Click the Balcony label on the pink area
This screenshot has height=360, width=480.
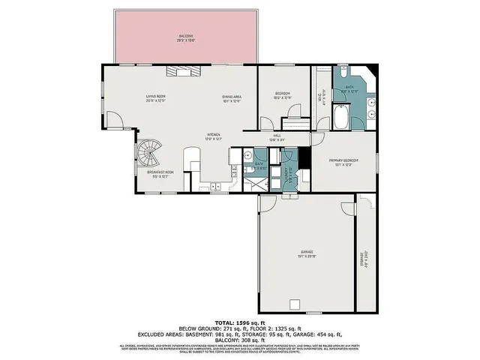pyautogui.click(x=185, y=37)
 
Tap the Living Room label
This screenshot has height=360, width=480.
pyautogui.click(x=155, y=97)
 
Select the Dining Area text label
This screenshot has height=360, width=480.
pyautogui.click(x=231, y=97)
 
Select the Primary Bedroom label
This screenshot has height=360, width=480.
pyautogui.click(x=344, y=162)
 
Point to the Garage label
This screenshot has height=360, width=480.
pyautogui.click(x=307, y=253)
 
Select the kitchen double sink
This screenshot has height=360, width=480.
pyautogui.click(x=216, y=185)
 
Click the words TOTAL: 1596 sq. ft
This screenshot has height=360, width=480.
pyautogui.click(x=239, y=320)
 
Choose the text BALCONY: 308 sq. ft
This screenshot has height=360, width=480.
pyautogui.click(x=239, y=339)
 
